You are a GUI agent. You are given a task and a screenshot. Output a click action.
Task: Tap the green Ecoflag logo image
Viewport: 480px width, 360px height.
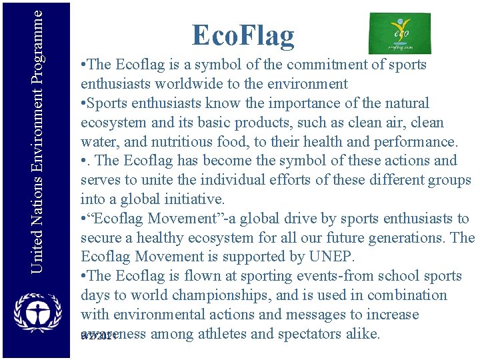[x=399, y=33]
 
